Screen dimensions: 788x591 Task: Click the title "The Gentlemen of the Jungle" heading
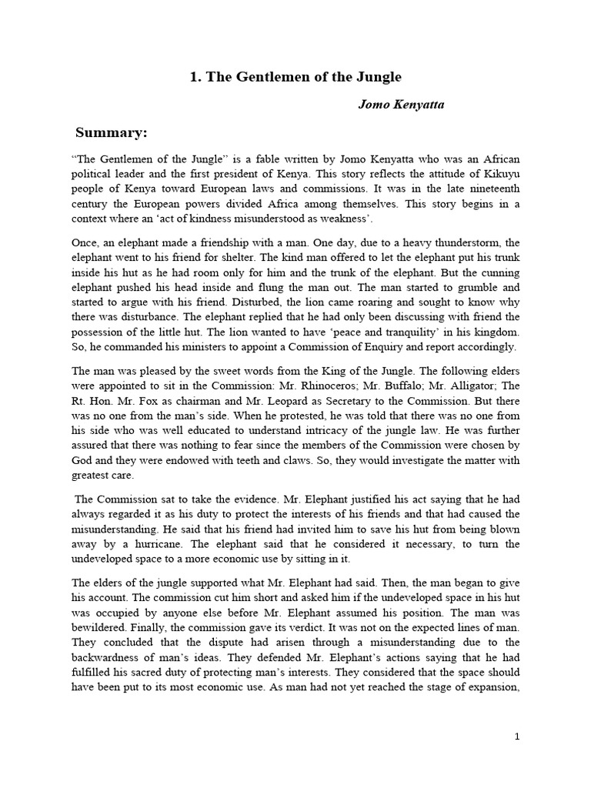click(295, 77)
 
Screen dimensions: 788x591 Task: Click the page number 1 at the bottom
click(517, 736)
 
